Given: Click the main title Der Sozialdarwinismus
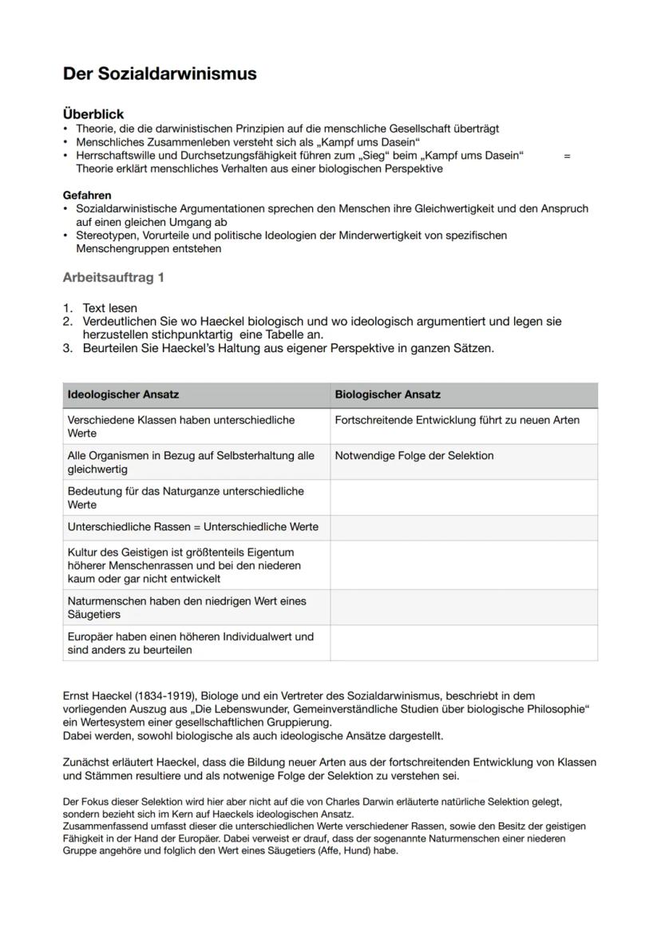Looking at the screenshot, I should click(x=160, y=74).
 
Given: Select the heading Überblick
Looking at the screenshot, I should click(x=93, y=115).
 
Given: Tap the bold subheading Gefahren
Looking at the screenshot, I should click(x=87, y=195).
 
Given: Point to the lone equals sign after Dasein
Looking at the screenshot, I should click(x=567, y=156).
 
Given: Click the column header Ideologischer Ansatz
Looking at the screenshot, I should click(x=123, y=394).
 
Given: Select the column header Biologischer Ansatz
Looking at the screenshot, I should click(x=387, y=394).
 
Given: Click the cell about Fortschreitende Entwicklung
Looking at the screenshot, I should click(x=457, y=420).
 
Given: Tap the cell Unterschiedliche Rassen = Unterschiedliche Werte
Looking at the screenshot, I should click(x=192, y=527).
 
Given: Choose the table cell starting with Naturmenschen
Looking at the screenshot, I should click(x=187, y=607).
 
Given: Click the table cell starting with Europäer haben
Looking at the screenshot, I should click(x=190, y=643).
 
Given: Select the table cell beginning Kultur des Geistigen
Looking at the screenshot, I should click(x=184, y=565).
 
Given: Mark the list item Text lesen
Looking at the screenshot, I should click(x=110, y=307).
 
